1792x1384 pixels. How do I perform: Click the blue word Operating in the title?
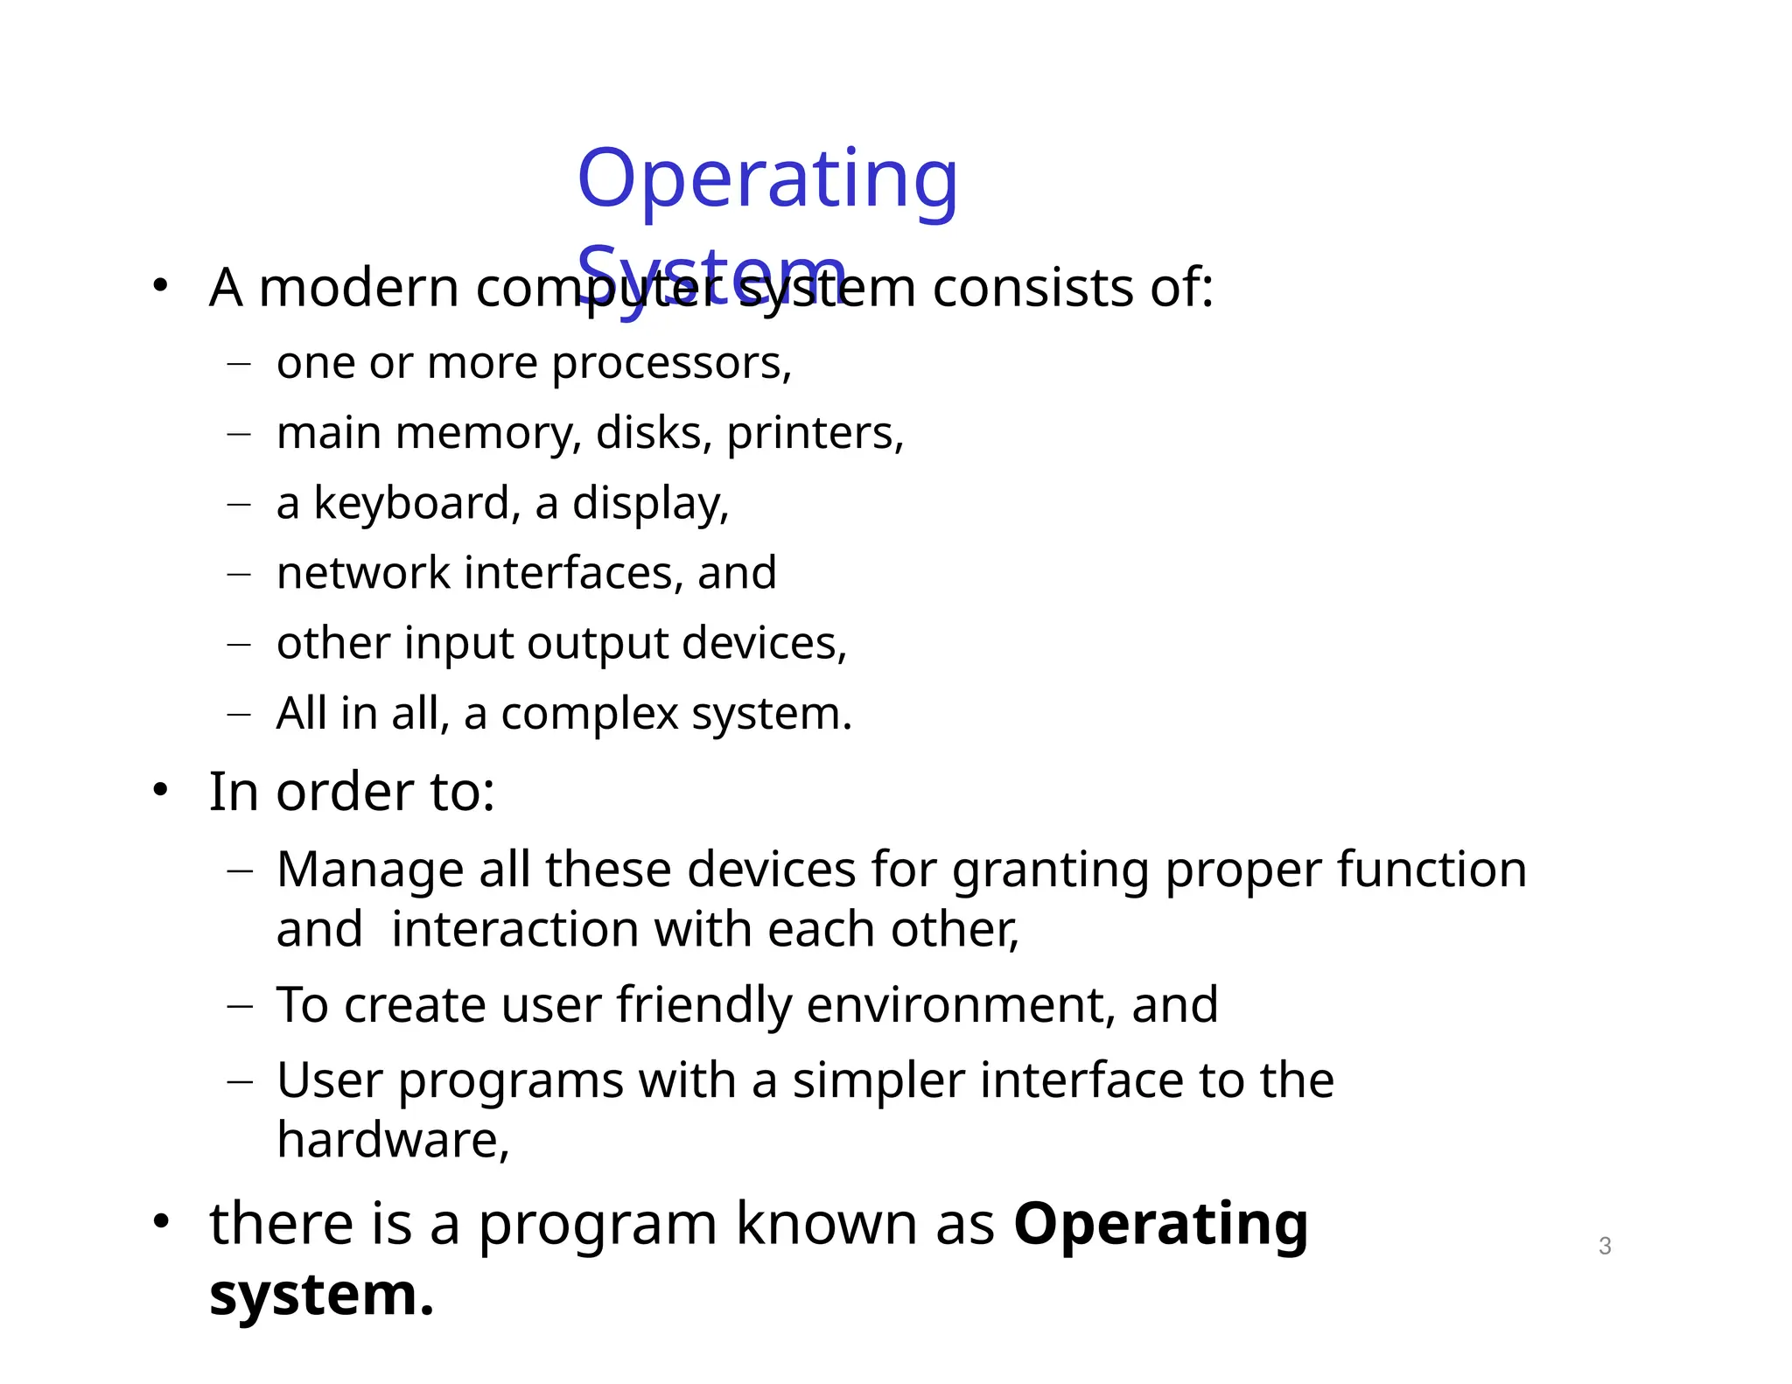[x=767, y=180]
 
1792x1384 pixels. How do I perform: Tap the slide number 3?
[x=1604, y=1246]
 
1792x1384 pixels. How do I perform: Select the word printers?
[x=814, y=433]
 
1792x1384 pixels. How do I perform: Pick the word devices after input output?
[x=764, y=643]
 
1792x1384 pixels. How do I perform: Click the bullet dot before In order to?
[x=159, y=790]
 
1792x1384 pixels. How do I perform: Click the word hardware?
[x=392, y=1140]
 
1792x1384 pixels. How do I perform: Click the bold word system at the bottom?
[x=320, y=1294]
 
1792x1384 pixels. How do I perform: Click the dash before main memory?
[x=238, y=433]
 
